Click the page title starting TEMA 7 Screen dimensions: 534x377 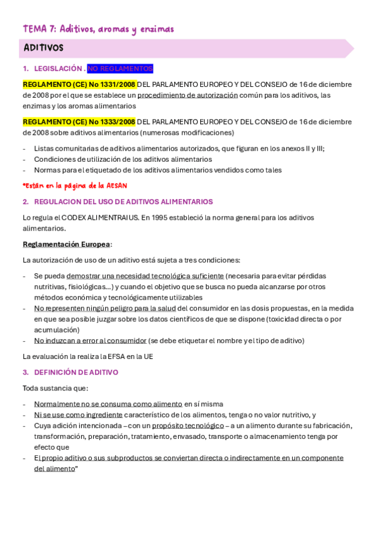click(x=98, y=29)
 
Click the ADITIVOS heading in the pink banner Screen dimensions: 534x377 click(x=43, y=48)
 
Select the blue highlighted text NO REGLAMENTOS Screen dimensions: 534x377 click(x=120, y=69)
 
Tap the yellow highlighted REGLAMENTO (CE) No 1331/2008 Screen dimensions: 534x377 click(x=79, y=84)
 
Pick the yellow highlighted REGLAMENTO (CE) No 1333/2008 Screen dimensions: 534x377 click(x=79, y=122)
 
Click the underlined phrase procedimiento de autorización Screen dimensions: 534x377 click(x=188, y=95)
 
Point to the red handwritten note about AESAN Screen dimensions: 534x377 click(x=75, y=185)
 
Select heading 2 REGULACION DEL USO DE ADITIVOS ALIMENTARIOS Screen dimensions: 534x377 click(x=123, y=202)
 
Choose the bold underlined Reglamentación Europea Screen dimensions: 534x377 click(x=67, y=244)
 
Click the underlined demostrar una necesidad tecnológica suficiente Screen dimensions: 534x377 click(x=145, y=276)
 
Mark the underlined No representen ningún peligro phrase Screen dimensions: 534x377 click(x=105, y=308)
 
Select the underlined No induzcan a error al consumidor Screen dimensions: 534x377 click(x=90, y=341)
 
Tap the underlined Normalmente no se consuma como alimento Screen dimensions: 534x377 click(x=108, y=404)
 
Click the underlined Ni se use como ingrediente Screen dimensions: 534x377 click(x=78, y=415)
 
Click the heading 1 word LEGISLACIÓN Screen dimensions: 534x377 click(x=59, y=69)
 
